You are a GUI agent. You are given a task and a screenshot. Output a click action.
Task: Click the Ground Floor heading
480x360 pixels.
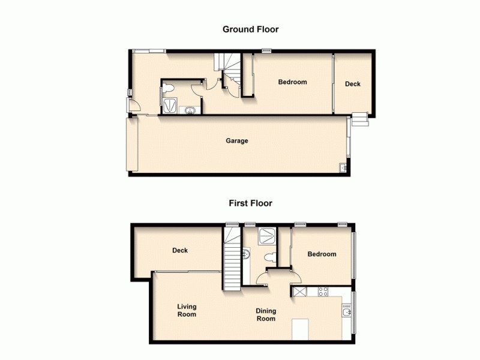click(251, 29)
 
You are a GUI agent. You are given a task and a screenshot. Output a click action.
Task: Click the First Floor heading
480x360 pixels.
click(250, 203)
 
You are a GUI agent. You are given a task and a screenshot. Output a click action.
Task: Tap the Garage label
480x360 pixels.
click(236, 142)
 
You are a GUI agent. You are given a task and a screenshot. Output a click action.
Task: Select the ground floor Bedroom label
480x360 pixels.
click(292, 82)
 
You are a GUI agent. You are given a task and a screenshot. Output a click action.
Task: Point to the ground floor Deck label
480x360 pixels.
click(353, 84)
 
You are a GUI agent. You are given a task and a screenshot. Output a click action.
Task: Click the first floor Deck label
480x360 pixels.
click(180, 250)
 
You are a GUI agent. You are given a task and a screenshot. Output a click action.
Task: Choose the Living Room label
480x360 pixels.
click(187, 310)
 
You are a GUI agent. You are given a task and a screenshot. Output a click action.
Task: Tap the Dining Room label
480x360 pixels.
click(266, 314)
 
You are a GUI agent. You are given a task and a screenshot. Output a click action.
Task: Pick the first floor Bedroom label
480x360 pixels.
click(322, 254)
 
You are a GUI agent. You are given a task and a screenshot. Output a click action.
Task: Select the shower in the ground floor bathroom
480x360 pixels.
click(170, 107)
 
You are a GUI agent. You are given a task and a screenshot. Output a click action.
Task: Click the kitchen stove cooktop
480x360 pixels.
click(322, 292)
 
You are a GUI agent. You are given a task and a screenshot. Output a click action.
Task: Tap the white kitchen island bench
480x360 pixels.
click(299, 329)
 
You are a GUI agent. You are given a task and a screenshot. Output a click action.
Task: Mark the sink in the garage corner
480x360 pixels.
click(343, 168)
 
